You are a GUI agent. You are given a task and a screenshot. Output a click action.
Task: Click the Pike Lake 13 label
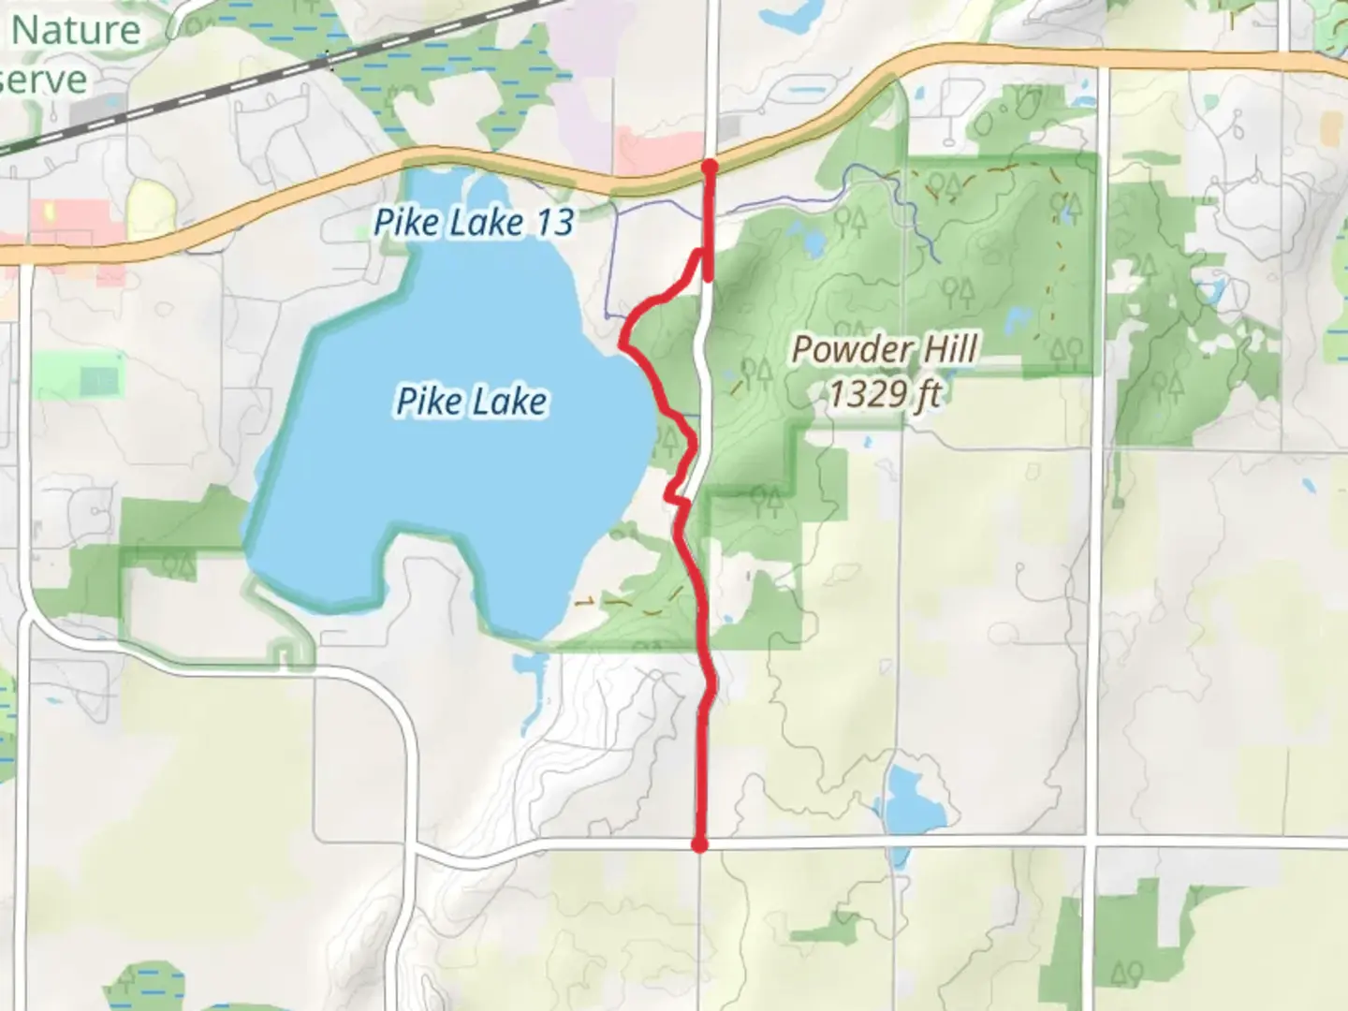[x=473, y=223]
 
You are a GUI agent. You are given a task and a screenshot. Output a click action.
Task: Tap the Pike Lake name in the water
[x=472, y=402]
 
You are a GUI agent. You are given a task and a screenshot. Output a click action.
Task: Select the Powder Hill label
[x=885, y=350]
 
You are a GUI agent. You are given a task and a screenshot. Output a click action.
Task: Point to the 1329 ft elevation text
[x=884, y=394]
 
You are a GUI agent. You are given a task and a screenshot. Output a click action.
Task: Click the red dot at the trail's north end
[x=710, y=167]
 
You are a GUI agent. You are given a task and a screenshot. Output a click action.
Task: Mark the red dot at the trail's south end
[x=698, y=845]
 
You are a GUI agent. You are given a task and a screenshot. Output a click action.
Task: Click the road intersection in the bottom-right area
[x=1091, y=845]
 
